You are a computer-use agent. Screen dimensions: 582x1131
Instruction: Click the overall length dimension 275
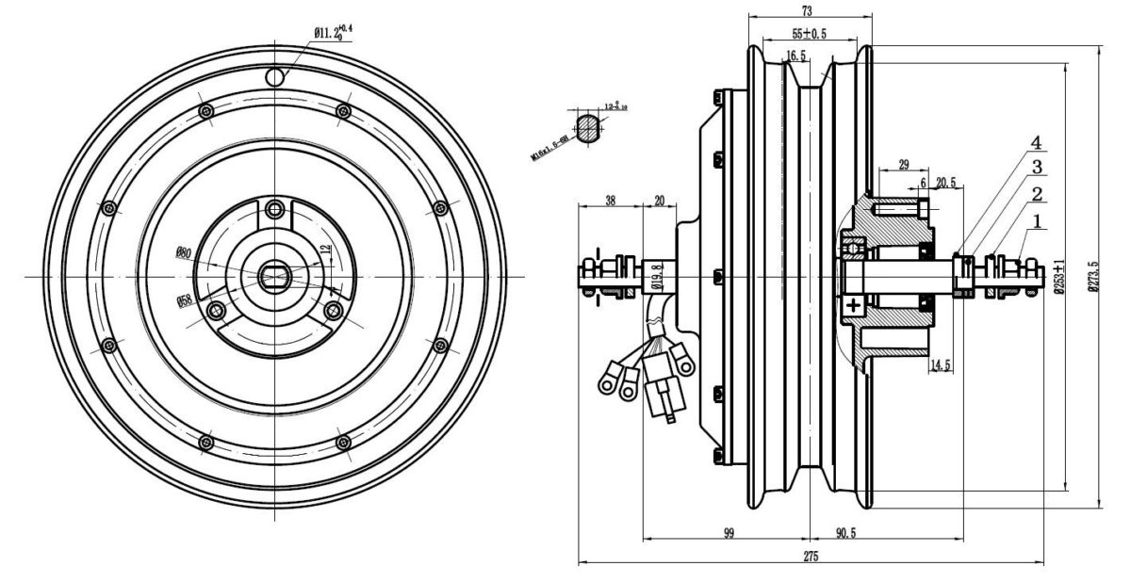tap(811, 557)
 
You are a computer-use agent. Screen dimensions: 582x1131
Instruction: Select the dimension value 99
tap(729, 533)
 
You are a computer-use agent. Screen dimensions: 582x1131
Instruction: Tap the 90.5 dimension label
tap(845, 533)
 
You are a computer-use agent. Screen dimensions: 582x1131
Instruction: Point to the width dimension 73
tap(807, 10)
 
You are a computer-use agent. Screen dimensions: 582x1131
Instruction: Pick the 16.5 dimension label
tap(795, 57)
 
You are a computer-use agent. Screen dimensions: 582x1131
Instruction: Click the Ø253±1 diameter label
tap(1059, 277)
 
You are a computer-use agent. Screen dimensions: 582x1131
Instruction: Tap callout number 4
tap(1035, 144)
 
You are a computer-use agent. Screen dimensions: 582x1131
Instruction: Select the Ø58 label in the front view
tap(184, 301)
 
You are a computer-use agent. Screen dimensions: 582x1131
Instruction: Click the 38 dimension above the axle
tap(610, 201)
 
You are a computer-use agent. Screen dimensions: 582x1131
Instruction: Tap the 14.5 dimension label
tap(940, 365)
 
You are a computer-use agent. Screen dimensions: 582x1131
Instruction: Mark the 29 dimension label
tap(903, 165)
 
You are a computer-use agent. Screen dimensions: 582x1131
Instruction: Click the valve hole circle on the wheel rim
tap(275, 75)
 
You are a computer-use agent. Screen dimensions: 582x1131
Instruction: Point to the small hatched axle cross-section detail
tap(588, 127)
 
